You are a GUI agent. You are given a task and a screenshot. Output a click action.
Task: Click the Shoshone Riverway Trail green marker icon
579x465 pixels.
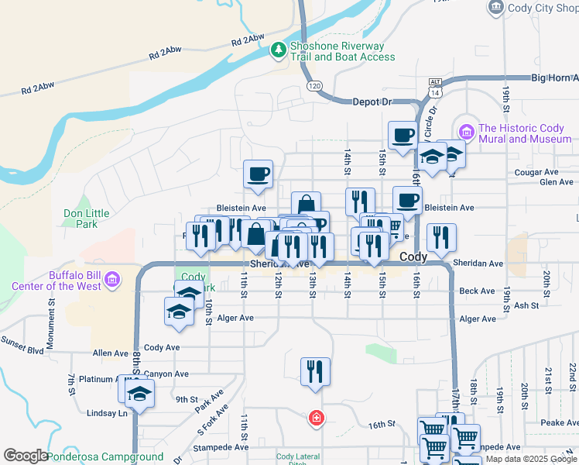pos(279,50)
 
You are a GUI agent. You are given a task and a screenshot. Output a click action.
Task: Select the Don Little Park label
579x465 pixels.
pos(81,218)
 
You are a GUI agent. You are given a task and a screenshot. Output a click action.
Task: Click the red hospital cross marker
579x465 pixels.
pos(316,419)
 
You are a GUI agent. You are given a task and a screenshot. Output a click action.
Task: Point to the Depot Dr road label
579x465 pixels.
pos(372,102)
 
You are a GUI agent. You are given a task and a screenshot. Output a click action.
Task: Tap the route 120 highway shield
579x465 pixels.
pos(313,84)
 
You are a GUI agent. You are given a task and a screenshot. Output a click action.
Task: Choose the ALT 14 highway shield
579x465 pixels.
pos(433,88)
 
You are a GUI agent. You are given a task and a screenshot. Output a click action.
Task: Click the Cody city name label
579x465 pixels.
pos(414,257)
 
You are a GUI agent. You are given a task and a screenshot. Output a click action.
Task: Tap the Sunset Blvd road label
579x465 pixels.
pos(24,340)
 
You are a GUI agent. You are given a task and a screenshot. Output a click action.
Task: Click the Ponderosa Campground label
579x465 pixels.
pos(105,457)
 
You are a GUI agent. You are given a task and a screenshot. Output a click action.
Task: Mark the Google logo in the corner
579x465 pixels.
pos(25,456)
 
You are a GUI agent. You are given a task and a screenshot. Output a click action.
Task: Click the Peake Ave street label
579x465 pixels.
pos(560,422)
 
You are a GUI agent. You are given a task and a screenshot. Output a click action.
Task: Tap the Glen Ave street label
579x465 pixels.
pos(557,182)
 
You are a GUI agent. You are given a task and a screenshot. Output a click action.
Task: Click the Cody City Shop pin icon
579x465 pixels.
pos(496,8)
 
